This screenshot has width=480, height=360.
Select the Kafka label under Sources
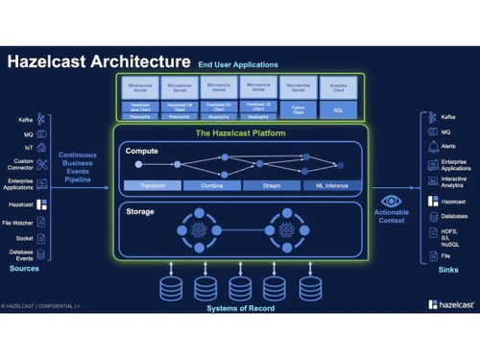pyautogui.click(x=26, y=120)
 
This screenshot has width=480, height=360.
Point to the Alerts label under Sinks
pyautogui.click(x=448, y=146)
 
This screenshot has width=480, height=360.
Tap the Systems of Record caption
pyautogui.click(x=240, y=307)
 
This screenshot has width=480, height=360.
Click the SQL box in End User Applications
pyautogui.click(x=338, y=111)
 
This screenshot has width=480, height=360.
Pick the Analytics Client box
pyautogui.click(x=338, y=87)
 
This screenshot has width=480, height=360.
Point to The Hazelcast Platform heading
pyautogui.click(x=239, y=133)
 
